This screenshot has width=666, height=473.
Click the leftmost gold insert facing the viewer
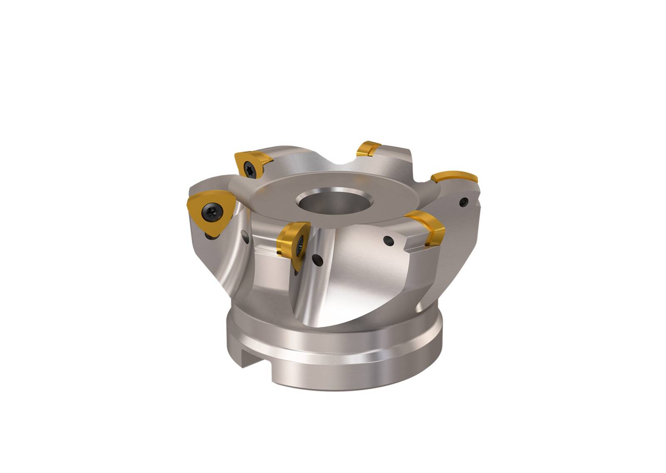(208, 213)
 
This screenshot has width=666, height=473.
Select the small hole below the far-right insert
(464, 202)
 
